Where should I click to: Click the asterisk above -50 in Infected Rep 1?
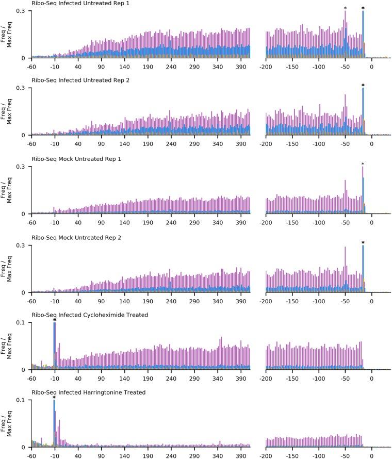click(345, 8)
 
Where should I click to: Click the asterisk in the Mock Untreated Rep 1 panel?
click(363, 165)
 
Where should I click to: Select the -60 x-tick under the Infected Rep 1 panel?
click(31, 65)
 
